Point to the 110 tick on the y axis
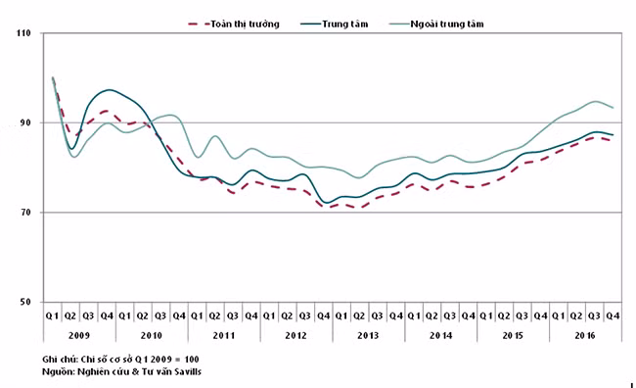[23, 33]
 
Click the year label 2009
[79, 336]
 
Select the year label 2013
[368, 336]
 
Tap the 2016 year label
[585, 336]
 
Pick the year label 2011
[224, 336]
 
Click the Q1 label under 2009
[52, 315]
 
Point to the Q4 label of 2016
[613, 315]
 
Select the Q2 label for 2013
[359, 315]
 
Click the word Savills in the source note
[188, 371]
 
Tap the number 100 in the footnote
[192, 360]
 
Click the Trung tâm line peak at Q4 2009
[109, 90]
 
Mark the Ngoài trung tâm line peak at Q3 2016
[595, 101]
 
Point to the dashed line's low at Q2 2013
[358, 208]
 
